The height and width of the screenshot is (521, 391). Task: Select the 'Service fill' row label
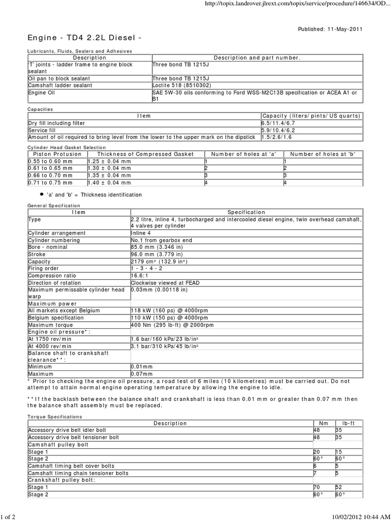pyautogui.click(x=44, y=130)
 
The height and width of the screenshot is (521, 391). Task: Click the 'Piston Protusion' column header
pyautogui.click(x=57, y=154)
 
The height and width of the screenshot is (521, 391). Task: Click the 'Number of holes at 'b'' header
pyautogui.click(x=322, y=154)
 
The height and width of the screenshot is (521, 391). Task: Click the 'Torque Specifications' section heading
pyautogui.click(x=53, y=416)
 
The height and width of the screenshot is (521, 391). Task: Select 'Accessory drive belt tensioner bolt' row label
pyautogui.click(x=74, y=437)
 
